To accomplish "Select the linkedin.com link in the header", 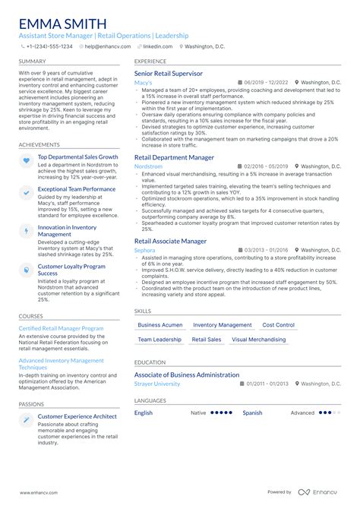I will point(155,46).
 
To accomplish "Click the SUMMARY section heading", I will point(32,61).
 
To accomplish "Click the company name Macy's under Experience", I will point(143,82).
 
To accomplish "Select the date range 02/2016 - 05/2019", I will point(266,166).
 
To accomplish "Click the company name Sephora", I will point(144,249).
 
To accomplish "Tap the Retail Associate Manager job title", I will point(170,241).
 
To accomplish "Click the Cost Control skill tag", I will point(278,325).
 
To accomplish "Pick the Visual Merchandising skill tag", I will point(259,340).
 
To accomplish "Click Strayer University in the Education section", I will point(157,384).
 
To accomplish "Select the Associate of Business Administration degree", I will point(187,375).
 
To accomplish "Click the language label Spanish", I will point(252,413).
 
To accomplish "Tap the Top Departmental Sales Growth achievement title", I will point(77,157).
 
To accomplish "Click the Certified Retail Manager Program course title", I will point(61,328).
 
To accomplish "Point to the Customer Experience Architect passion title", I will point(77,416).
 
